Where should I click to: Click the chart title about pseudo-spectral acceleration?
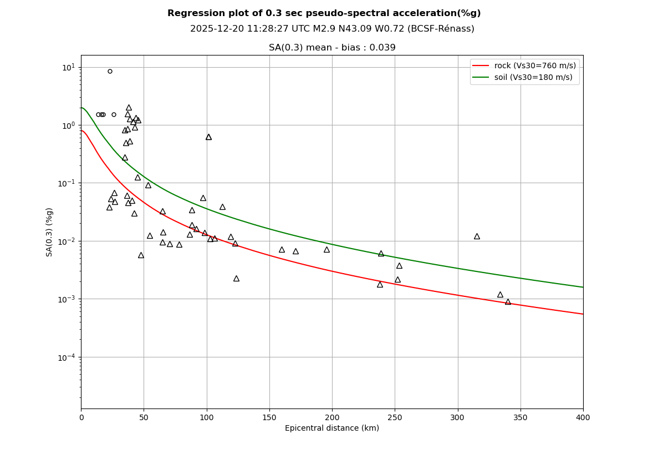pyautogui.click(x=324, y=13)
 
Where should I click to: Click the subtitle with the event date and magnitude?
pyautogui.click(x=332, y=29)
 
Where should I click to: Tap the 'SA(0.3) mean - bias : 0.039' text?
pyautogui.click(x=332, y=48)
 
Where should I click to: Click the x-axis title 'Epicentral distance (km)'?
pyautogui.click(x=332, y=428)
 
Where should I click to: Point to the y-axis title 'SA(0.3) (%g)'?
pyautogui.click(x=50, y=232)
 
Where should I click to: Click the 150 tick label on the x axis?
pyautogui.click(x=269, y=417)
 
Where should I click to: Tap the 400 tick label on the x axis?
pyautogui.click(x=583, y=417)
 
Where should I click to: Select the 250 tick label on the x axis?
pyautogui.click(x=395, y=417)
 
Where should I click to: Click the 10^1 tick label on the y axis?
pyautogui.click(x=68, y=68)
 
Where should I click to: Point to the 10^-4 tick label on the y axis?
pyautogui.click(x=67, y=357)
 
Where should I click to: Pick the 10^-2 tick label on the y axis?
pyautogui.click(x=67, y=241)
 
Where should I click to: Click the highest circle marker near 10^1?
pyautogui.click(x=110, y=71)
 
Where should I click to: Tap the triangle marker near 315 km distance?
pyautogui.click(x=477, y=236)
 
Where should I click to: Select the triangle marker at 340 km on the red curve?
pyautogui.click(x=508, y=302)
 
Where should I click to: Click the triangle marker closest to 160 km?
pyautogui.click(x=282, y=250)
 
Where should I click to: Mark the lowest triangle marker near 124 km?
pyautogui.click(x=236, y=279)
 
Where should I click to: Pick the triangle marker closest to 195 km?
pyautogui.click(x=326, y=250)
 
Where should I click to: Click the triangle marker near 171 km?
pyautogui.click(x=295, y=251)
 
